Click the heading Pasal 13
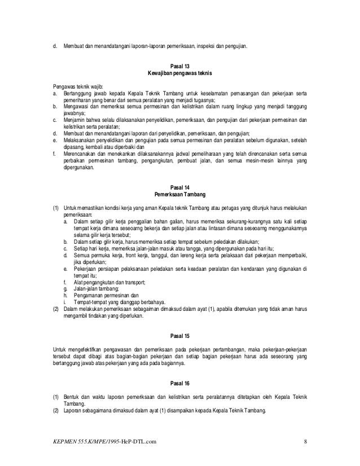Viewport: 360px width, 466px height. [x=179, y=65]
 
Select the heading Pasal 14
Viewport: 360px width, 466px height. [x=179, y=187]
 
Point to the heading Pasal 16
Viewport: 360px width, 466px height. [x=179, y=383]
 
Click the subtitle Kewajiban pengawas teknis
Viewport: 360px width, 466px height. [x=179, y=73]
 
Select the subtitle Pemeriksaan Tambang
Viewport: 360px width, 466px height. [x=179, y=194]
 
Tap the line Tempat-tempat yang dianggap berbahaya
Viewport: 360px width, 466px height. [x=118, y=302]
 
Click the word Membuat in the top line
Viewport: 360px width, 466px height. [x=73, y=45]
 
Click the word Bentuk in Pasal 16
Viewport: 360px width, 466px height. [x=72, y=397]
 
